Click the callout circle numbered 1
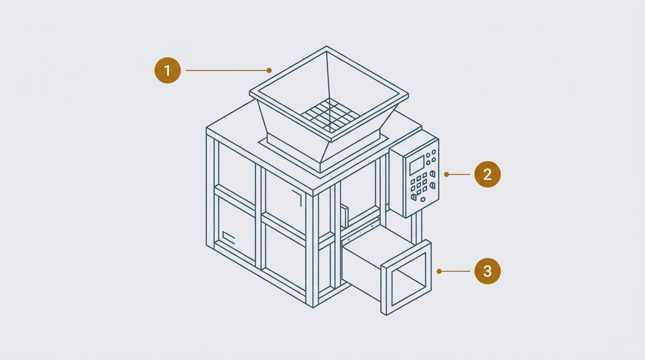[168, 71]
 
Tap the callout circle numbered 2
[487, 174]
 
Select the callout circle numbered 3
[487, 271]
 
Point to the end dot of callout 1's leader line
[269, 70]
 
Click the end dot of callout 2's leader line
[447, 174]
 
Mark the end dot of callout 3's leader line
[439, 271]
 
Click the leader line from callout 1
[227, 70]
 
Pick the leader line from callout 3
[455, 271]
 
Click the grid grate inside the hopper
[330, 115]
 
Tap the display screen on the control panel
[417, 165]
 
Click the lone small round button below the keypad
[423, 199]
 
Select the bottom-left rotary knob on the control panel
[414, 197]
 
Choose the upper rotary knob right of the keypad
[432, 173]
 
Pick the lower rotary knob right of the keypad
[432, 186]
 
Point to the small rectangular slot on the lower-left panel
[229, 238]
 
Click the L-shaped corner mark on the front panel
[298, 197]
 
